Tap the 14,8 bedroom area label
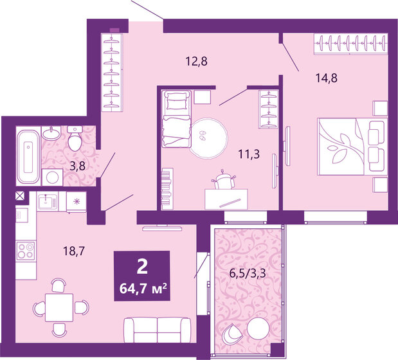coord(326,78)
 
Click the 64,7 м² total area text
coord(142,287)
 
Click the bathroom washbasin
coord(51,133)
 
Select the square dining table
coord(59,307)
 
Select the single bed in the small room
coord(176,118)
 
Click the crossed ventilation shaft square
coord(21,197)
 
